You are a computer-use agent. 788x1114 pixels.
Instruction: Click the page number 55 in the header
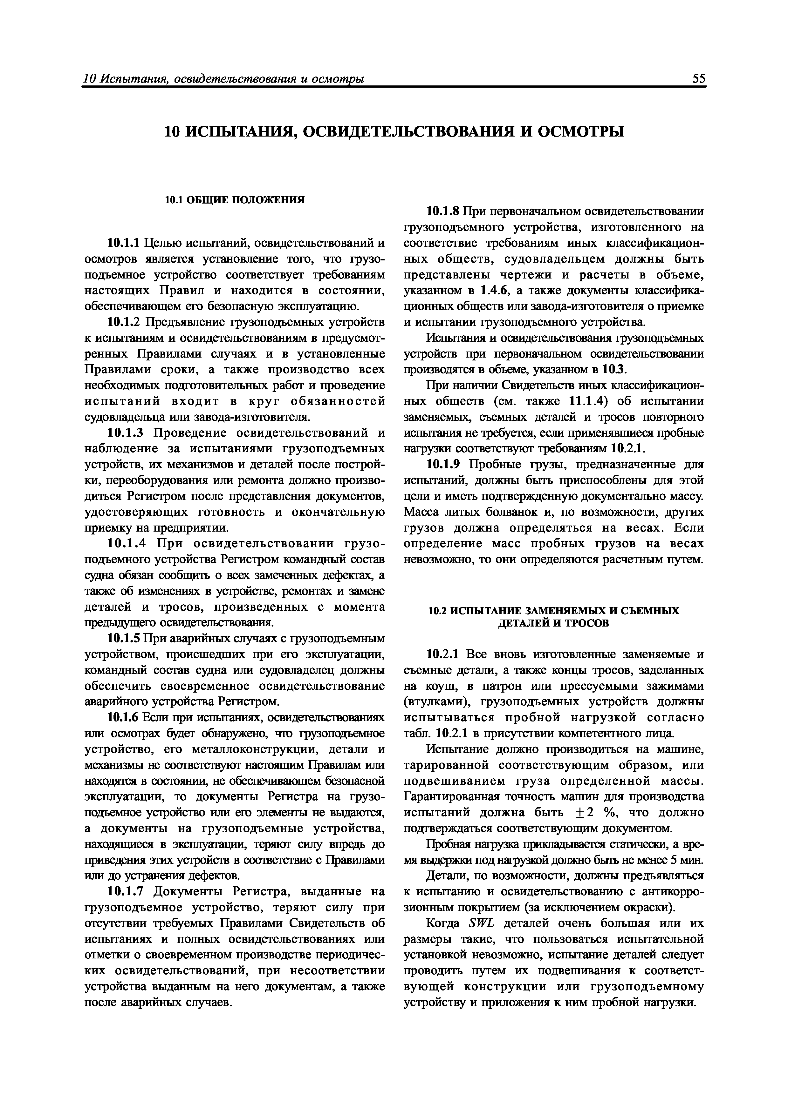tap(699, 79)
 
